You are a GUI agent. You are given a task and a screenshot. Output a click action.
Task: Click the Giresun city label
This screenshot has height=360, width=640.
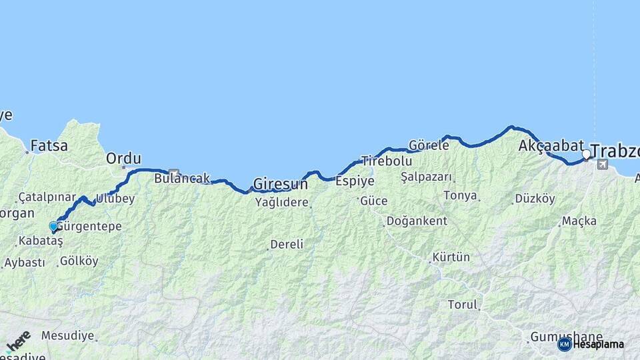point(280,183)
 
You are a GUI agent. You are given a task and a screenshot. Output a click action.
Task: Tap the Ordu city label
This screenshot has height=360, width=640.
point(124,159)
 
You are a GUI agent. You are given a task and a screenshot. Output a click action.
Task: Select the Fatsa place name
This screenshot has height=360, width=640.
point(49,145)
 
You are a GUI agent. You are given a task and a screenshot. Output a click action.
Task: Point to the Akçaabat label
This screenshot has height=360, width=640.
point(551,145)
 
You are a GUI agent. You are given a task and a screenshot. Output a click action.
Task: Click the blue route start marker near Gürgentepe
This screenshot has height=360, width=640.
point(53,227)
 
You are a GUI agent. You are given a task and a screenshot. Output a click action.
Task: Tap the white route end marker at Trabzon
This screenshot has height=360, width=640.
point(586,155)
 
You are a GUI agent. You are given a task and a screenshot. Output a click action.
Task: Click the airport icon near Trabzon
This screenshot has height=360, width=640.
point(603,164)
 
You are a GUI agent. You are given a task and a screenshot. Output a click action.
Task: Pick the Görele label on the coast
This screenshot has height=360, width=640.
point(429,145)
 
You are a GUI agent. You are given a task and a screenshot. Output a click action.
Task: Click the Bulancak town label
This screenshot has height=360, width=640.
point(182,179)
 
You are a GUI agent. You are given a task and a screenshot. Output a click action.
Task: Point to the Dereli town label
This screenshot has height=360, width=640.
point(287,245)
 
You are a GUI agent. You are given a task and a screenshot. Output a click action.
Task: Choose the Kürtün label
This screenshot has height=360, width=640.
point(451,257)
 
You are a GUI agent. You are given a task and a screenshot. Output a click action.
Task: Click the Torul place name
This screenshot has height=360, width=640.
point(463,305)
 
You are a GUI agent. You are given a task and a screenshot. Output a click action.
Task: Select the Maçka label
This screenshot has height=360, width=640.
point(579,221)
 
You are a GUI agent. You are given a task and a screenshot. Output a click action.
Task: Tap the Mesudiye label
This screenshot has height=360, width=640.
point(67,335)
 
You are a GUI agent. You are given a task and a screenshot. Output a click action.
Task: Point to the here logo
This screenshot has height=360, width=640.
point(18,341)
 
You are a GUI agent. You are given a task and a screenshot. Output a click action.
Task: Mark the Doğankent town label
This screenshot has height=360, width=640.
point(419,221)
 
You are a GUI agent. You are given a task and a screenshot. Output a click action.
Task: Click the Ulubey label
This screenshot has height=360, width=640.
point(115,198)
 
